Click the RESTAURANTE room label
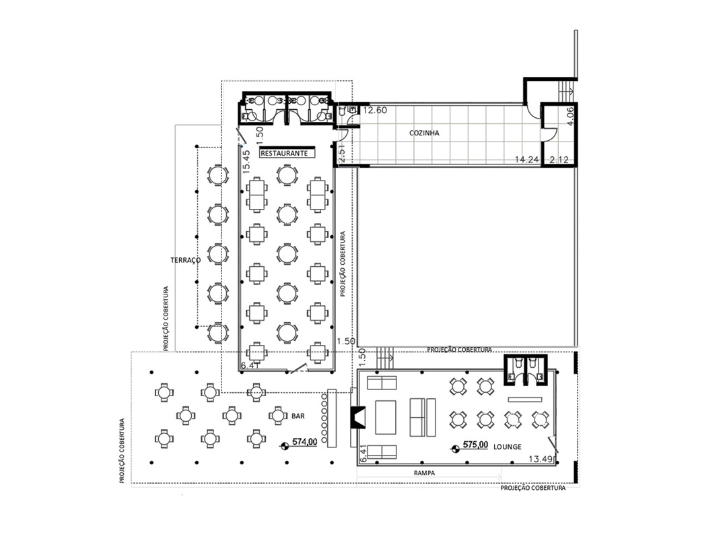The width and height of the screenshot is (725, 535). pos(284,153)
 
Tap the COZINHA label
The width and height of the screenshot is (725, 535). pos(424,133)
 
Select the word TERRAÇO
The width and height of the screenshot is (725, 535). pos(185,260)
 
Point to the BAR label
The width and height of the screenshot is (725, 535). pos(298,416)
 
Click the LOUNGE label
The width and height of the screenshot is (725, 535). pos(507,447)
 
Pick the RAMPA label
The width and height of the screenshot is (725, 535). pos(424,473)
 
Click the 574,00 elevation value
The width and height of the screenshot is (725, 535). pos(305,442)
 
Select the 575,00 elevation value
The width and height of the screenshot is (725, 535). pos(475,445)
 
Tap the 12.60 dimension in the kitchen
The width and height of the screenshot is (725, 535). pos(375,110)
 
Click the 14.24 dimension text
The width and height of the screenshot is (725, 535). pos(527,159)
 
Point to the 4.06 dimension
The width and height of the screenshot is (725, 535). pos(569,116)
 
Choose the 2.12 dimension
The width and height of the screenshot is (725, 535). pos(559,160)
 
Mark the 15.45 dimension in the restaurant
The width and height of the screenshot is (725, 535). pos(246,159)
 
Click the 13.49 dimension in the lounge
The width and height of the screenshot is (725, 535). pos(541,459)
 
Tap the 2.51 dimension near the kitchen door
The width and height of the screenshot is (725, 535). pos(342,152)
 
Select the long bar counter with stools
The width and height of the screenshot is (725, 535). pos(331,418)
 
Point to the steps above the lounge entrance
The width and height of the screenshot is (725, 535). pos(384,358)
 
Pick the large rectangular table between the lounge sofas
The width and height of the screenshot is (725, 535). pos(386,417)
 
